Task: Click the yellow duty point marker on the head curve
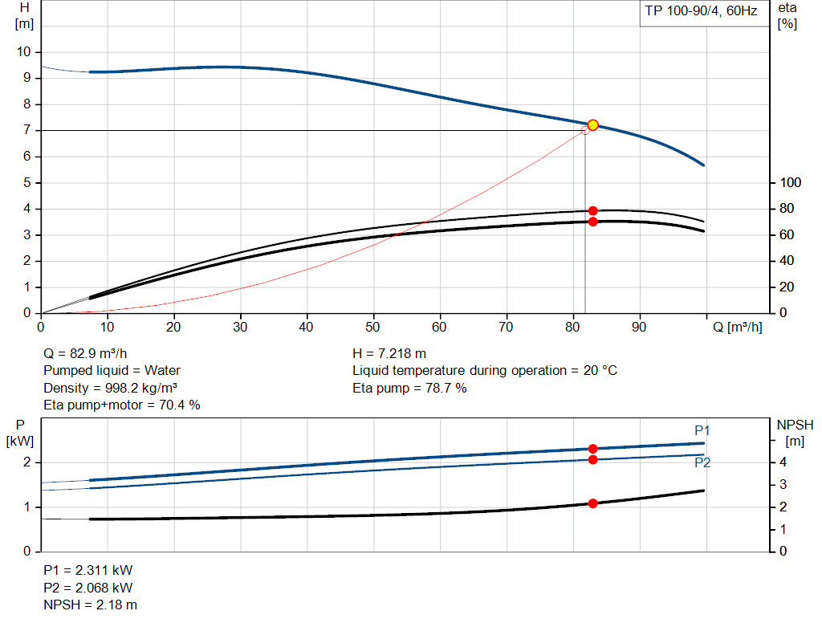[x=593, y=125]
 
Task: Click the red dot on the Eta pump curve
[x=593, y=210]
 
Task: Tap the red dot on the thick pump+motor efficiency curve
[x=593, y=222]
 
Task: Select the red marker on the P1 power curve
[x=593, y=449]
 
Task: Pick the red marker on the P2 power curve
[x=593, y=459]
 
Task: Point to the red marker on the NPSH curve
[x=593, y=503]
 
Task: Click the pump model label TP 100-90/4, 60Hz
[x=701, y=13]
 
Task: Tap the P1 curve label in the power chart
[x=702, y=431]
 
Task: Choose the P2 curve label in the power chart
[x=702, y=462]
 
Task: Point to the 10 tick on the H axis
[x=24, y=52]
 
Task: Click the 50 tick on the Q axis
[x=373, y=328]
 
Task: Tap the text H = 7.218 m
[x=389, y=352]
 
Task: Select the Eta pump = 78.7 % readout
[x=409, y=388]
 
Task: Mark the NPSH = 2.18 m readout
[x=90, y=605]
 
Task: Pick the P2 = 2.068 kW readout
[x=87, y=588]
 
